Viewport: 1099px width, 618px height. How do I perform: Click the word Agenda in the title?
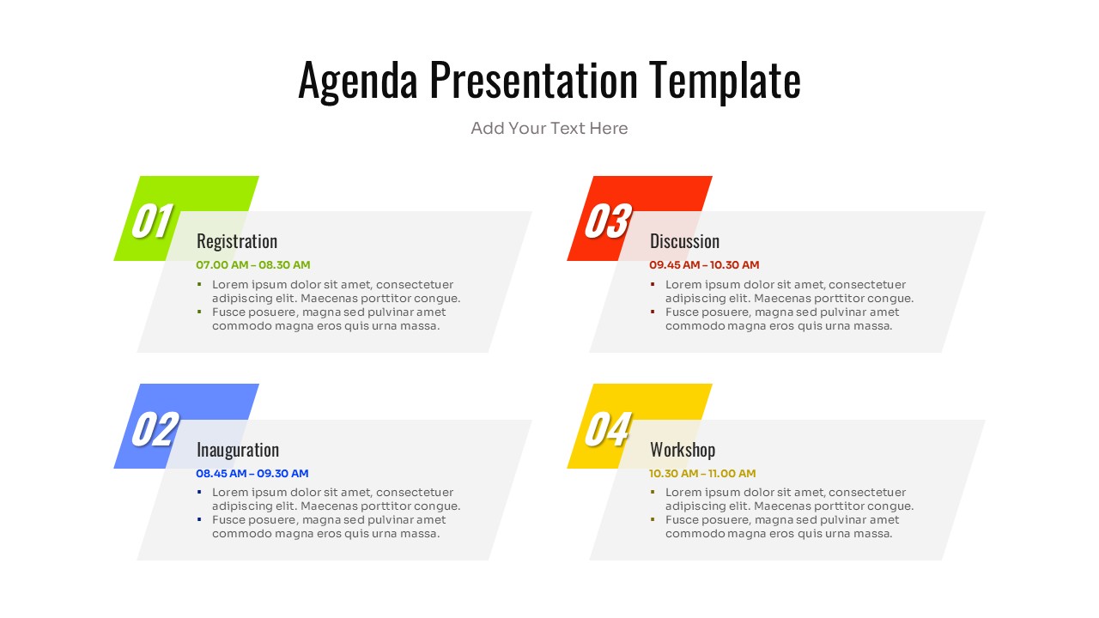(357, 81)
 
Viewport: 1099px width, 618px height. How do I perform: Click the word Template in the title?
(724, 81)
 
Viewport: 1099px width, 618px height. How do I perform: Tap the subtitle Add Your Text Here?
(549, 129)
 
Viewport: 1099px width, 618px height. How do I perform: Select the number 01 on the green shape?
(152, 221)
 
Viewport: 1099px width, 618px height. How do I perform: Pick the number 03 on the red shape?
(607, 221)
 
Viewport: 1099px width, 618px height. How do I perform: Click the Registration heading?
(237, 241)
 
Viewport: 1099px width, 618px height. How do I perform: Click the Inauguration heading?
(238, 450)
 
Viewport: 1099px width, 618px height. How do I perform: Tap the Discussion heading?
(684, 241)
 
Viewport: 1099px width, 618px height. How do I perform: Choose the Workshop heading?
(683, 450)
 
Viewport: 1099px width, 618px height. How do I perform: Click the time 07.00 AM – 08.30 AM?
(253, 265)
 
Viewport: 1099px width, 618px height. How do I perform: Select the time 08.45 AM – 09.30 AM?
(252, 474)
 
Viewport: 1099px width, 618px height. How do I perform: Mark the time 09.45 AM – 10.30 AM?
(704, 265)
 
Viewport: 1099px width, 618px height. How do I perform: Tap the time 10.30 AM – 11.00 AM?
(702, 474)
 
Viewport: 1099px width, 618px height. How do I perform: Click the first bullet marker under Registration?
(199, 284)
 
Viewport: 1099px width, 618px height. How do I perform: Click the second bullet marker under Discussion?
(653, 312)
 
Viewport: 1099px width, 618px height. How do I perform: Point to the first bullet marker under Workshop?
(653, 492)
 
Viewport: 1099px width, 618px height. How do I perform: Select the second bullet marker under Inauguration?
(199, 519)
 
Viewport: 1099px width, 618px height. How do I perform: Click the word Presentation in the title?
(533, 81)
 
